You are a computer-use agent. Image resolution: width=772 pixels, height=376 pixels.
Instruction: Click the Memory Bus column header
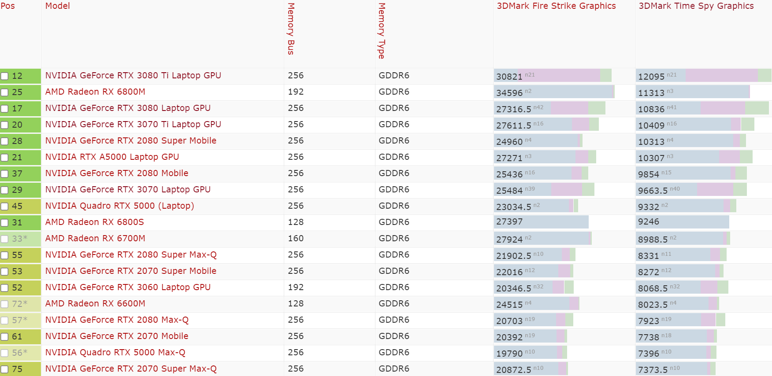(291, 29)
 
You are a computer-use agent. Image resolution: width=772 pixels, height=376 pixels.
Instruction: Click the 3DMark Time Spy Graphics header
(696, 6)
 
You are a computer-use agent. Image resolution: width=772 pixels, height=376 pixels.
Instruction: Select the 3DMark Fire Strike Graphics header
(556, 6)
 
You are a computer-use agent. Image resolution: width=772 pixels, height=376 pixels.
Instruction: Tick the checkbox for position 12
(4, 76)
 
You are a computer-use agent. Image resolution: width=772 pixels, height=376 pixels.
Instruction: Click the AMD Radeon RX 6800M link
(95, 92)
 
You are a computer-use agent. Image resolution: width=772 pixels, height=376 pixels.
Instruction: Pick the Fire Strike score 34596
(509, 93)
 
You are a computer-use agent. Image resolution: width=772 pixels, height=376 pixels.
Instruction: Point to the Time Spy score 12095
(651, 77)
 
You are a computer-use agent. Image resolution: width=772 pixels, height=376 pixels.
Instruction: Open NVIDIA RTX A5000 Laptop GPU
(112, 157)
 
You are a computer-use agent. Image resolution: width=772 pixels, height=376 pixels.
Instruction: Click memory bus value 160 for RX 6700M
(296, 238)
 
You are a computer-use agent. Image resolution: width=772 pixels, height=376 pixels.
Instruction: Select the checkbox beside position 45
(4, 206)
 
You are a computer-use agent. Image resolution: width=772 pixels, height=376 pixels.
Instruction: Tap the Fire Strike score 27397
(509, 222)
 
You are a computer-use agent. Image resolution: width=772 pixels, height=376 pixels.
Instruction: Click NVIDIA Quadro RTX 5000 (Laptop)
(119, 206)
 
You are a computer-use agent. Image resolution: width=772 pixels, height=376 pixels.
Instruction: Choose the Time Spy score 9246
(648, 222)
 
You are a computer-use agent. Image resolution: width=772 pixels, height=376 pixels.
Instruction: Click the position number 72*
(19, 304)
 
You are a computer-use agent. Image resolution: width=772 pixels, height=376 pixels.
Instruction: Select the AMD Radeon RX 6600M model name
(95, 303)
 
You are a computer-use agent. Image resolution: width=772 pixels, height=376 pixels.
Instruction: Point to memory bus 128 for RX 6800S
(296, 222)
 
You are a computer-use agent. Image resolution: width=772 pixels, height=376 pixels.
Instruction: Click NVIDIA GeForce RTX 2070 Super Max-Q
(131, 369)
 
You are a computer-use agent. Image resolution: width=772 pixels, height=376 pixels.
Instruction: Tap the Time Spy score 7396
(648, 354)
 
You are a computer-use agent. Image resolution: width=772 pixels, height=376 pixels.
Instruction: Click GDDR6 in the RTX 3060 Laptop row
(394, 287)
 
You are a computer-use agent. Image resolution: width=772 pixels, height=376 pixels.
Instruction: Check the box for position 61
(4, 337)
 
